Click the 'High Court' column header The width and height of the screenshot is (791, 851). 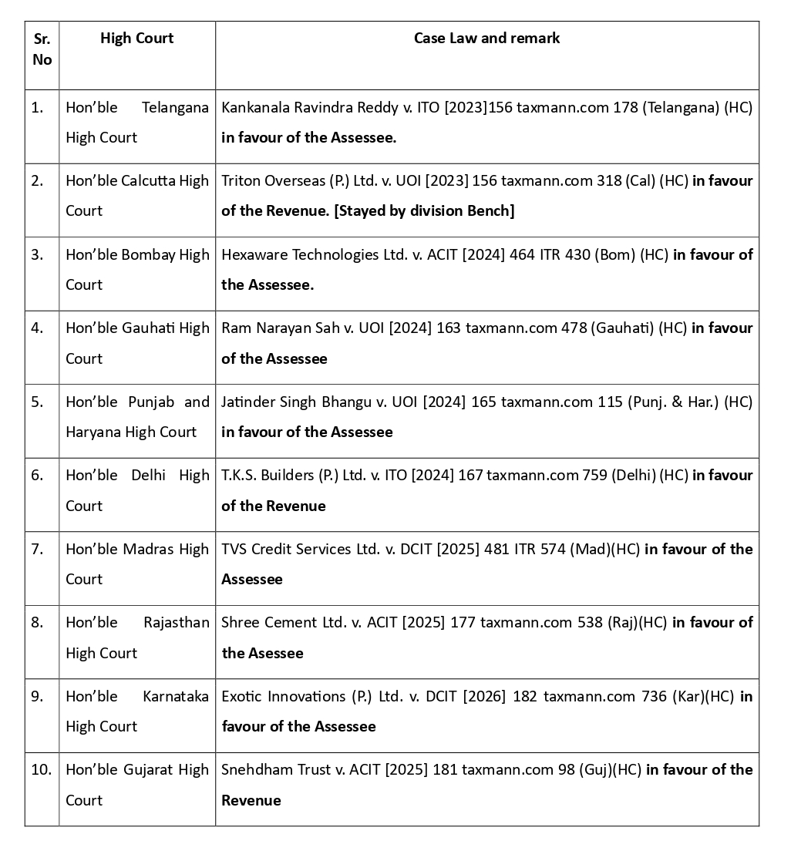pos(136,39)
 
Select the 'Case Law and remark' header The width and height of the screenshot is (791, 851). pos(486,39)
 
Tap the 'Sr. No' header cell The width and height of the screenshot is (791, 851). pos(42,49)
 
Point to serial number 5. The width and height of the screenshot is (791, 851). pos(37,402)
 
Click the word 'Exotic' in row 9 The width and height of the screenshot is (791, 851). pos(241,696)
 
